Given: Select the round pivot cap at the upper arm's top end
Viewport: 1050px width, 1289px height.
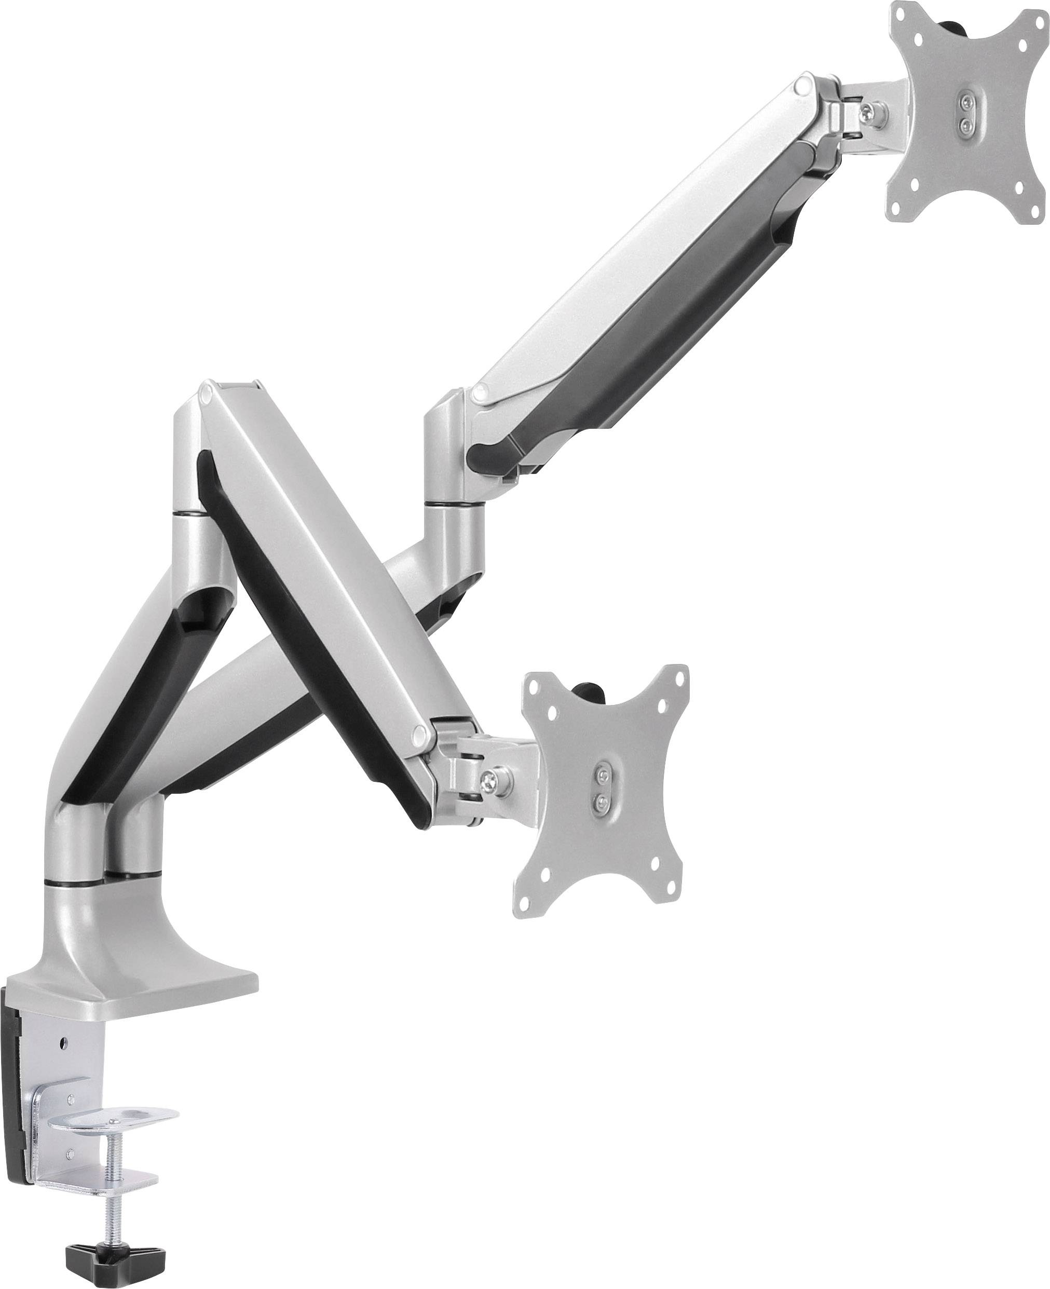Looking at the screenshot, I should point(804,85).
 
